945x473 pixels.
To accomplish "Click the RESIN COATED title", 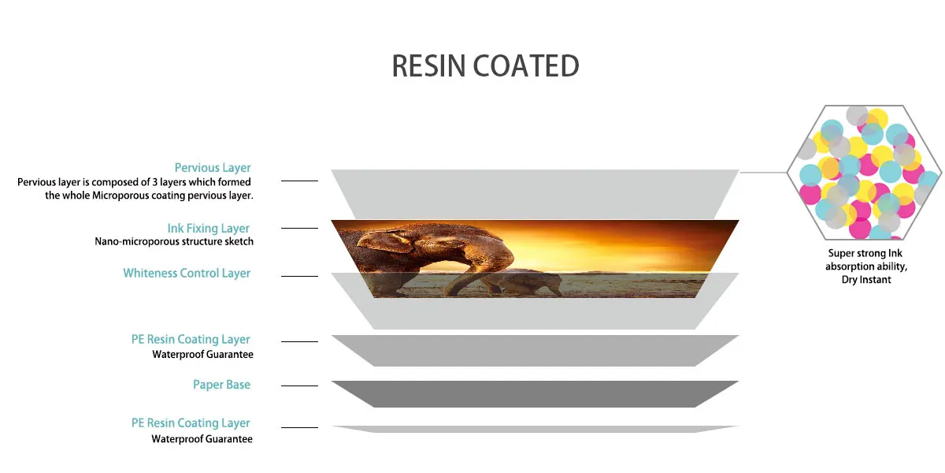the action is [x=486, y=66].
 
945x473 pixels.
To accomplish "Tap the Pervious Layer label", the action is [x=213, y=168].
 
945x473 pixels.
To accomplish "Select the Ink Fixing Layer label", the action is [x=209, y=228].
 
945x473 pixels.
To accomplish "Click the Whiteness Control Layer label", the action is [x=187, y=273].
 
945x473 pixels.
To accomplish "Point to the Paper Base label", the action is [x=221, y=385].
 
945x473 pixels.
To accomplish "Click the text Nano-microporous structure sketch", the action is [x=174, y=241].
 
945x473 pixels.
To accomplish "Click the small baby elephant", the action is [x=522, y=282].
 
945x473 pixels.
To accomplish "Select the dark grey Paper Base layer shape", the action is [x=535, y=393].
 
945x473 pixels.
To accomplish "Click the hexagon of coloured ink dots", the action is [x=865, y=173].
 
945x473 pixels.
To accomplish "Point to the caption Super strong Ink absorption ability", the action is [x=866, y=259].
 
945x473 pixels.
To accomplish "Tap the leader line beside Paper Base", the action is [x=299, y=385].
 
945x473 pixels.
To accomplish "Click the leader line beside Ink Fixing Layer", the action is [x=299, y=228].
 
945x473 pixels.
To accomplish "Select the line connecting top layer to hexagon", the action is [x=763, y=173].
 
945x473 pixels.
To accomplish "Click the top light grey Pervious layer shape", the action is [x=535, y=194].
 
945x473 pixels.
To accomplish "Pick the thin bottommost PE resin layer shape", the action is [x=535, y=429].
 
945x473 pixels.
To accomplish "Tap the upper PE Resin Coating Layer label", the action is [x=191, y=339].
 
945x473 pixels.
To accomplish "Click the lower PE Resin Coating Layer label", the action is [x=191, y=423].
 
